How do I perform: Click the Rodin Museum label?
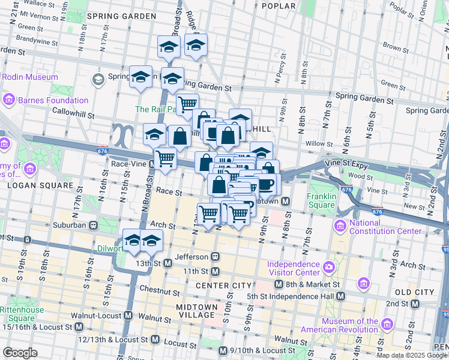(x=29, y=77)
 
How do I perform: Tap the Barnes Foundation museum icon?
(x=8, y=100)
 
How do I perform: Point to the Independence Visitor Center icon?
(x=329, y=267)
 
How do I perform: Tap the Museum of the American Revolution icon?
(x=387, y=325)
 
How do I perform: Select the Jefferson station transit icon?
(x=215, y=256)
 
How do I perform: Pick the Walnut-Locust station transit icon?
(x=128, y=316)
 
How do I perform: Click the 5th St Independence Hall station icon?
(x=340, y=296)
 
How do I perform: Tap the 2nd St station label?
(x=398, y=304)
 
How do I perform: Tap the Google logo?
(x=20, y=353)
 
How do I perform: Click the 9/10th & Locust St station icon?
(x=223, y=350)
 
